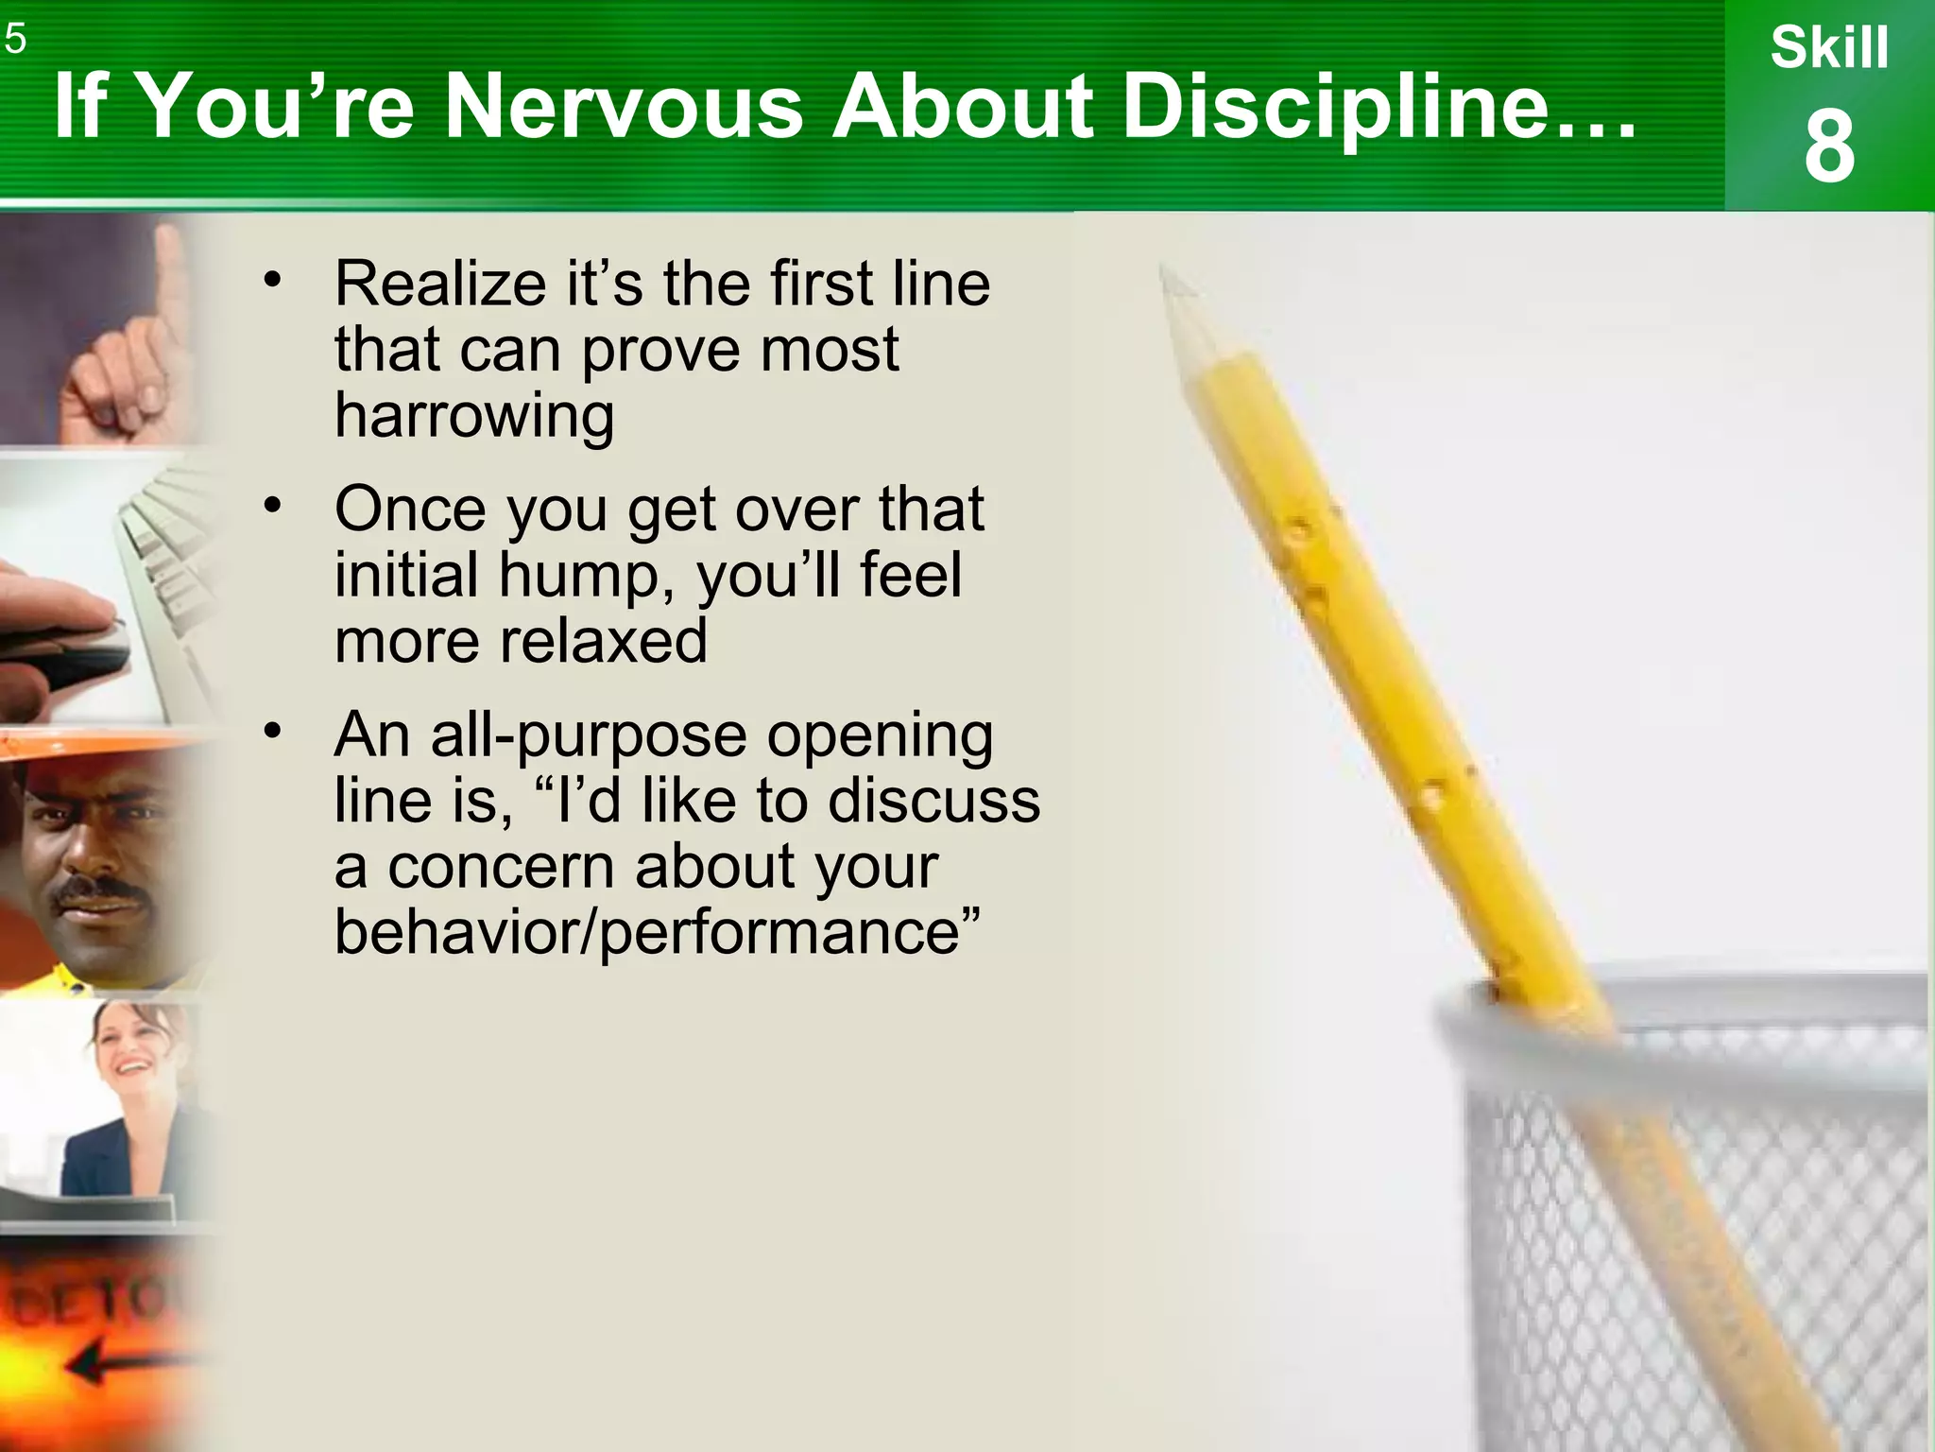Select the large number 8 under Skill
click(1829, 147)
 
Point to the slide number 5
click(14, 40)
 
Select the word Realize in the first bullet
click(439, 283)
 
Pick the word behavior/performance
click(658, 931)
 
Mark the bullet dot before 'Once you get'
click(273, 506)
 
